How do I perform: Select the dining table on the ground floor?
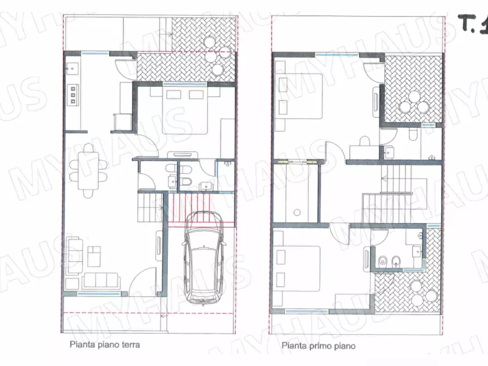click(x=89, y=170)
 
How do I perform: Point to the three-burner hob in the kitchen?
click(x=73, y=95)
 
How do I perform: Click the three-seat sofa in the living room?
click(x=101, y=280)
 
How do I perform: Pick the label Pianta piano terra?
click(x=105, y=345)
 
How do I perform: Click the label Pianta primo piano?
click(x=319, y=346)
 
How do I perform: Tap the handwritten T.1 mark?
click(x=473, y=23)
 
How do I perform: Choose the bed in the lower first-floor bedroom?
click(x=297, y=269)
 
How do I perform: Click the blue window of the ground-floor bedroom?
click(x=185, y=84)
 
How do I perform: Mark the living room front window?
click(x=99, y=294)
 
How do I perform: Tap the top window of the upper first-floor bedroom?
click(x=338, y=55)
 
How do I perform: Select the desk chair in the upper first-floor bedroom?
click(x=364, y=141)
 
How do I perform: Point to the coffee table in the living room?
click(x=94, y=256)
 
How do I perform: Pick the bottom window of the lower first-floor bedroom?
click(x=307, y=311)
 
